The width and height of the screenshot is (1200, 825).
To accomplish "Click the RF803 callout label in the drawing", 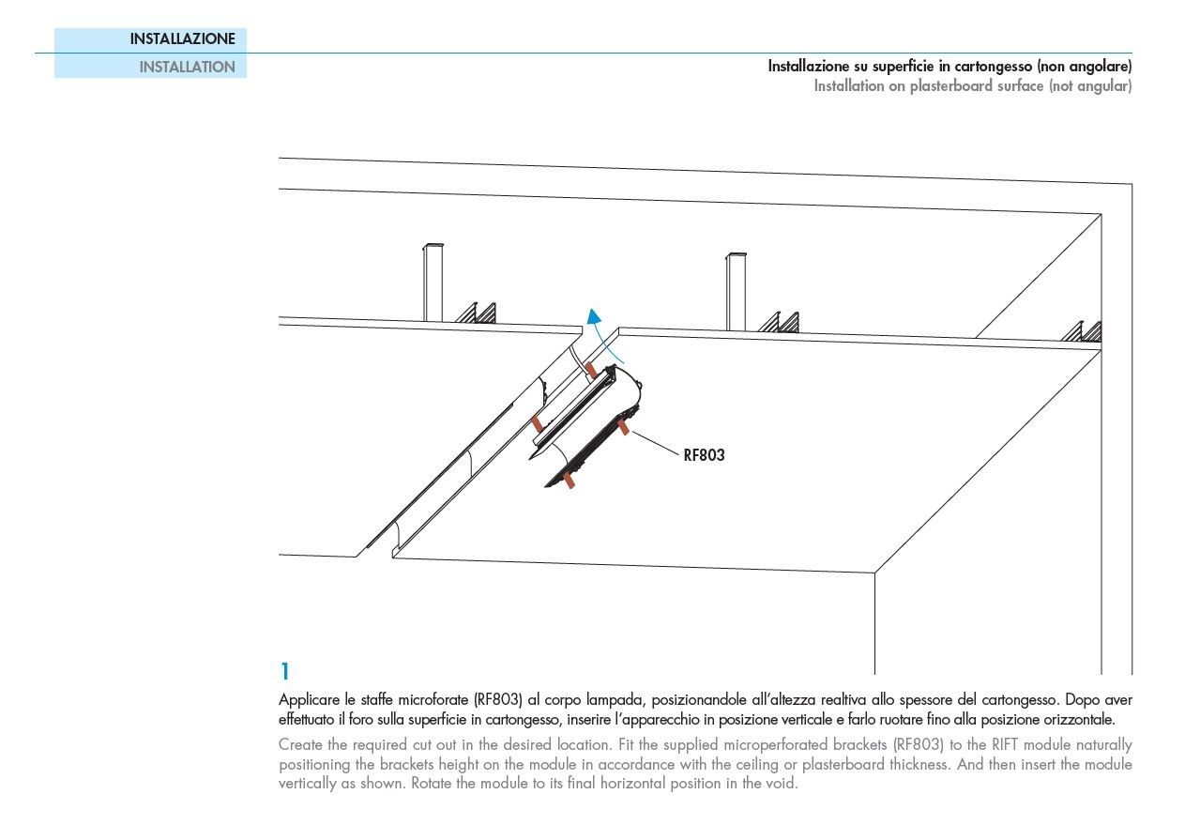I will pos(704,455).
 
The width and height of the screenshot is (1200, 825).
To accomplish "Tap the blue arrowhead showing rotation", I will pos(592,316).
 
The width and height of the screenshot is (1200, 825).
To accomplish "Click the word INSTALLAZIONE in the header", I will pos(182,39).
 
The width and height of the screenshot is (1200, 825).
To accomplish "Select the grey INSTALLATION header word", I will pos(187,67).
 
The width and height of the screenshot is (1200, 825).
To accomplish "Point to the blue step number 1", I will pos(284,672).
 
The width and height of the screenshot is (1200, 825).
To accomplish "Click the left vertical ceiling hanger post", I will pos(433,282).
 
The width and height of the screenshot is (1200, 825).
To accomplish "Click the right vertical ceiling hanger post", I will pos(737,290).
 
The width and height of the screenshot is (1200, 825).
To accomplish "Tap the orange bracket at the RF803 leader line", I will pos(623,428).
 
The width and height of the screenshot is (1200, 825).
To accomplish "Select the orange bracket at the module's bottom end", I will pos(569,480).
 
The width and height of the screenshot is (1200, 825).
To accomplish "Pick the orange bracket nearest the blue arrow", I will pos(590,370).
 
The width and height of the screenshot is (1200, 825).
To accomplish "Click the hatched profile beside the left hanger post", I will pos(477,313).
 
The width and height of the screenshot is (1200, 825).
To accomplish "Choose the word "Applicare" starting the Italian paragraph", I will pos(311,700).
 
